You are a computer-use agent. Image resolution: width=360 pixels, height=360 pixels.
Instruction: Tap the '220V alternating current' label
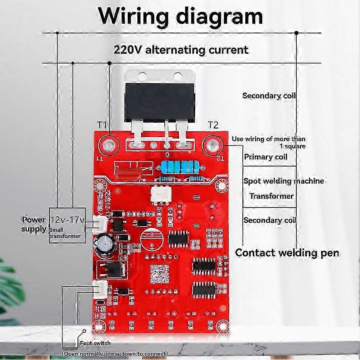coord(181,49)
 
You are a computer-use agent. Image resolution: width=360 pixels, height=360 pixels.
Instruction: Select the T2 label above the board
coord(213,125)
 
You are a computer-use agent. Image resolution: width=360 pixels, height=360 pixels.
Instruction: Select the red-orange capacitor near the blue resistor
coord(127,170)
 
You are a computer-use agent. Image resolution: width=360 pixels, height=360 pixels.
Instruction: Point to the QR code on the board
coord(160,273)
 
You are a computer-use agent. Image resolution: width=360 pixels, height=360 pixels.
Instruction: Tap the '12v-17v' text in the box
coord(67,220)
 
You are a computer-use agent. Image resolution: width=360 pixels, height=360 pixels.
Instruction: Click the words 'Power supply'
coord(34,224)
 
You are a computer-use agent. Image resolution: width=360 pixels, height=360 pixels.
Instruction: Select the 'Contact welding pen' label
coord(287,253)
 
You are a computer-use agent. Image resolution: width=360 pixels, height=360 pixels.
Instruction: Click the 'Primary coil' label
coord(265,157)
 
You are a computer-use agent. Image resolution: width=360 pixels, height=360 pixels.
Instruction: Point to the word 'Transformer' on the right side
coord(272,196)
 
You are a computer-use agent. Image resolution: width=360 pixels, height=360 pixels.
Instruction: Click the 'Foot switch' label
coord(95,343)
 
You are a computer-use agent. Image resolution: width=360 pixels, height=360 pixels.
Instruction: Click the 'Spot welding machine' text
coord(283,181)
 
